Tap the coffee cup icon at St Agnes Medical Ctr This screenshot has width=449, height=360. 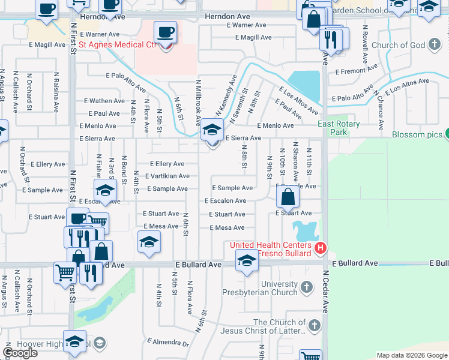pos(165,33)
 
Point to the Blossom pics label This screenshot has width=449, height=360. pos(417,134)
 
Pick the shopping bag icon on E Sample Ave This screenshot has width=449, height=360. pos(288,197)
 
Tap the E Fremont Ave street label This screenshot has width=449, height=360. pos(355,71)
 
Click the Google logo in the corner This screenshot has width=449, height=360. pos(20,353)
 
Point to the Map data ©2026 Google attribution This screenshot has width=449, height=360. pos(411,355)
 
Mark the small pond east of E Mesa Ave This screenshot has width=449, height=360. pos(305,230)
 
